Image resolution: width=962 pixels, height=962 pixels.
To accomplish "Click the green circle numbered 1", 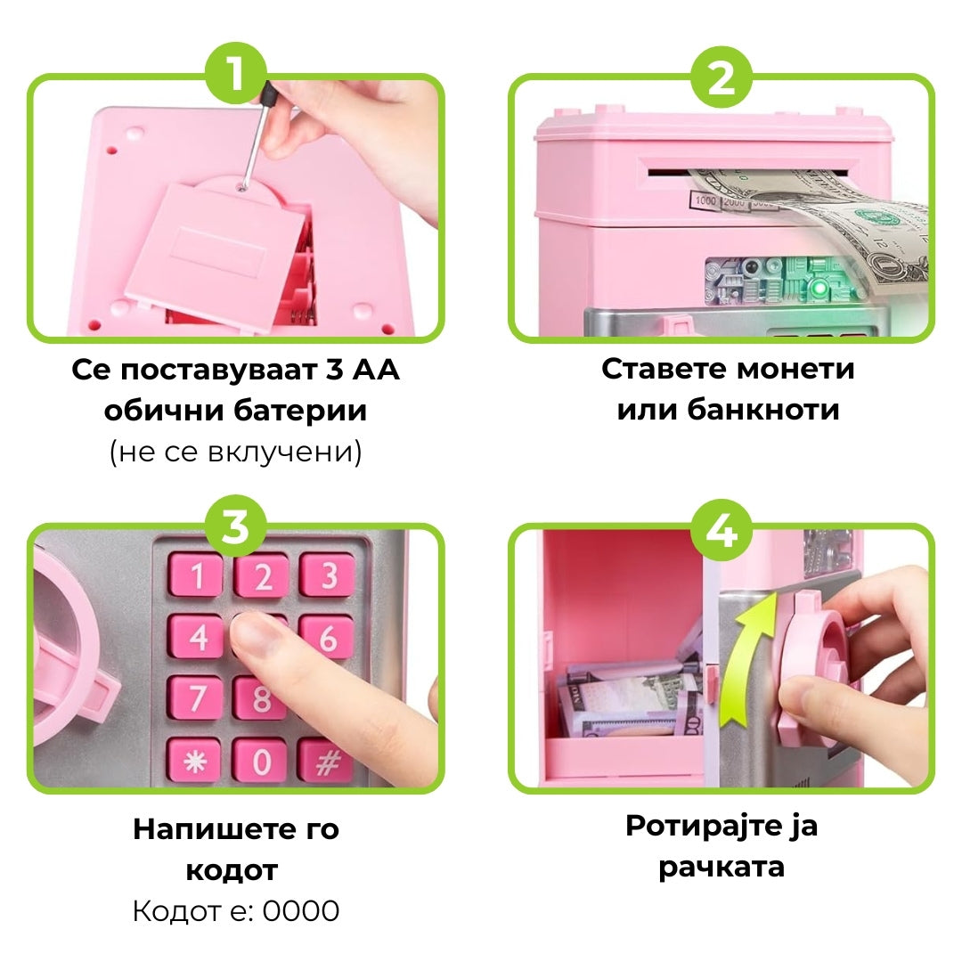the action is click(x=236, y=74).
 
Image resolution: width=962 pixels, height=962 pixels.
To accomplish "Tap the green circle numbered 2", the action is click(x=721, y=77).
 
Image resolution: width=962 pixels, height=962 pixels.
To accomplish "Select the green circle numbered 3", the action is click(x=235, y=526).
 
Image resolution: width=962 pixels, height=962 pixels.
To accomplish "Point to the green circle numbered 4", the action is click(x=721, y=529).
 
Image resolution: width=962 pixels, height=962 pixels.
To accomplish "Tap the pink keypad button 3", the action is click(x=327, y=575).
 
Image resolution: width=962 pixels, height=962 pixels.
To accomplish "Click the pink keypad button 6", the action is click(x=327, y=637).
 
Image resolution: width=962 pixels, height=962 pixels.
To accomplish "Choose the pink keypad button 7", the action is click(x=196, y=697).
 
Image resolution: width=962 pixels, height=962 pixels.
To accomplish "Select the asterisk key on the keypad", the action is click(x=195, y=760).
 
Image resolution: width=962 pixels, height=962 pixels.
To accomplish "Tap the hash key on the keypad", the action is click(x=326, y=762).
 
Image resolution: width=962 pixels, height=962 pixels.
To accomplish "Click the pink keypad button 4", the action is click(x=196, y=636).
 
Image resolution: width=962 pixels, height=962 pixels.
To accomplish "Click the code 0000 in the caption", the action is click(x=301, y=911).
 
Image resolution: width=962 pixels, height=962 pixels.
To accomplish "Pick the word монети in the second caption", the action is click(x=795, y=370).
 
